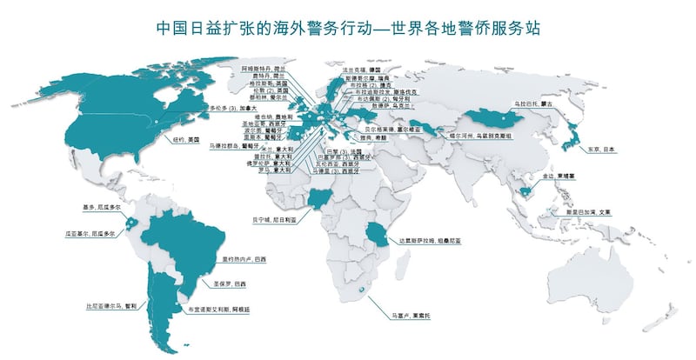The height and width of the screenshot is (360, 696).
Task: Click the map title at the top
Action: tap(348, 27)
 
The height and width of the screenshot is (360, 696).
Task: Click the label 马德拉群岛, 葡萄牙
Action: tap(236, 147)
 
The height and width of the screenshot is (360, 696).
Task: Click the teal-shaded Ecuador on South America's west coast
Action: tap(131, 221)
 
